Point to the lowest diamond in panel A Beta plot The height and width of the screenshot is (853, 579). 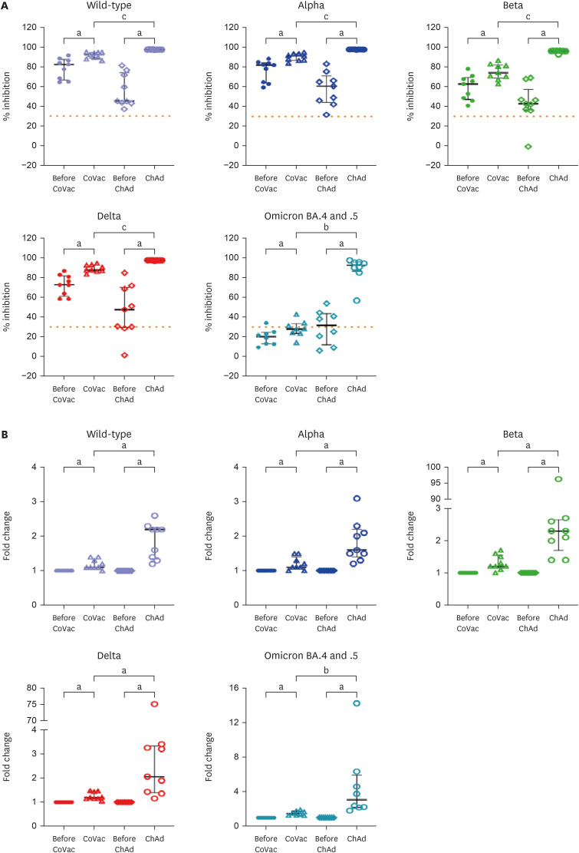point(528,147)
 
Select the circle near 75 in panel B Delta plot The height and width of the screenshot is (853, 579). point(154,704)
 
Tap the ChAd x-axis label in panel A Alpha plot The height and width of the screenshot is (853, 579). point(356,178)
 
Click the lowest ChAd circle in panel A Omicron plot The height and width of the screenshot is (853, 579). point(356,300)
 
